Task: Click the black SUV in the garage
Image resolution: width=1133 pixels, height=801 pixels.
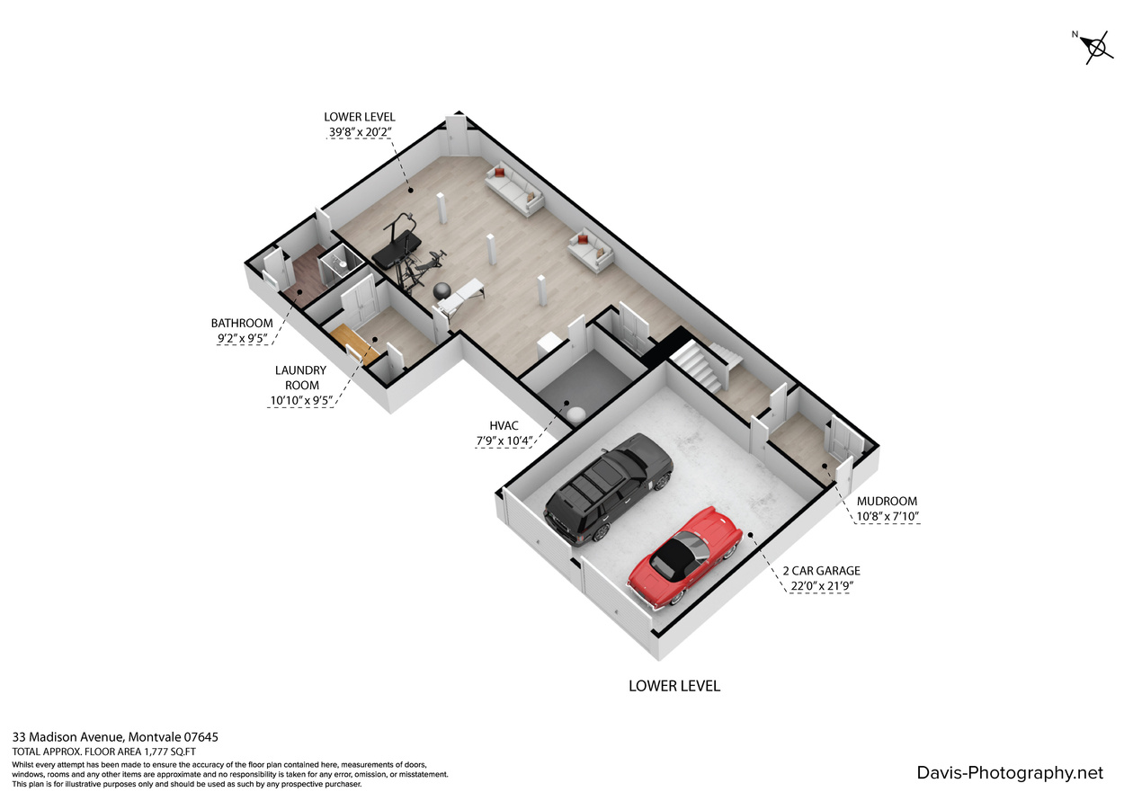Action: click(x=608, y=489)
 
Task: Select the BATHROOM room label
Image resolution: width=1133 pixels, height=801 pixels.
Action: click(x=242, y=323)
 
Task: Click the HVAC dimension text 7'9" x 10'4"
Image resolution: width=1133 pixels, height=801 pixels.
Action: click(x=504, y=441)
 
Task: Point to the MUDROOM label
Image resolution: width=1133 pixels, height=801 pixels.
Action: click(x=887, y=501)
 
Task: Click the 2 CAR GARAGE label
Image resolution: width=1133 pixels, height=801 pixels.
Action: click(x=822, y=571)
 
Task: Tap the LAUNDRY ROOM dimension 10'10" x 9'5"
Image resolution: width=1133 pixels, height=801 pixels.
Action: click(x=301, y=401)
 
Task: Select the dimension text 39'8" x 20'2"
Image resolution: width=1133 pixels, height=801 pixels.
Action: click(x=360, y=132)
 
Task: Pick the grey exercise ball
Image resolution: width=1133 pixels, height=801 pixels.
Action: click(x=442, y=291)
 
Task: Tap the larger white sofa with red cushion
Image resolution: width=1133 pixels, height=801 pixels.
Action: click(x=514, y=189)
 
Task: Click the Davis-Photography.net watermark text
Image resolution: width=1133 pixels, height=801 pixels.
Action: click(x=1010, y=773)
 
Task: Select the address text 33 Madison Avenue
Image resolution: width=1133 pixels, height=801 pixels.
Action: click(x=67, y=737)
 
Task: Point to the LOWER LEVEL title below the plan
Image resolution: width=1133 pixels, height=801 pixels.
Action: click(x=674, y=686)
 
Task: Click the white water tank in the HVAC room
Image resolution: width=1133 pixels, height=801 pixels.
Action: click(x=575, y=414)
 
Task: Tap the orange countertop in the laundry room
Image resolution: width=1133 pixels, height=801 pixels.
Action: click(x=355, y=343)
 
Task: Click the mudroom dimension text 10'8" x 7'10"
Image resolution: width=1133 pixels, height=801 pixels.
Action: click(x=888, y=516)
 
